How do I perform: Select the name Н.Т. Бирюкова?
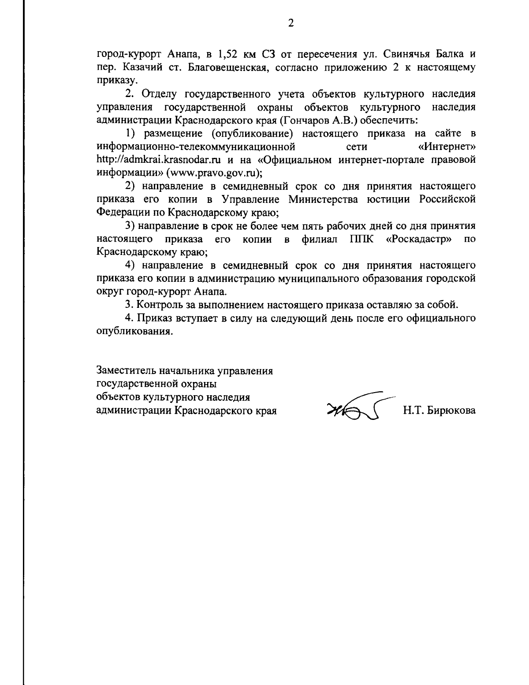pos(439,411)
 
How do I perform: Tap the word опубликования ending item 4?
pos(133,331)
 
